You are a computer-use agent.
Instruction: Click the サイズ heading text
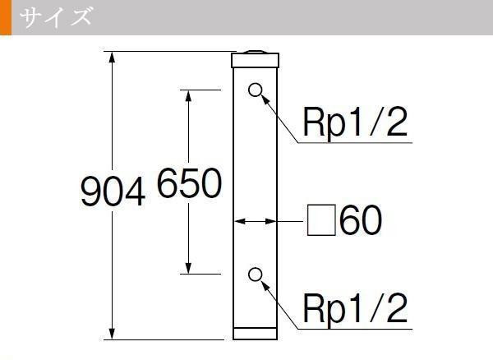pos(56,17)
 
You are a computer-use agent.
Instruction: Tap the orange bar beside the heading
pos(6,17)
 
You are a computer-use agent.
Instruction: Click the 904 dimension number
pos(113,191)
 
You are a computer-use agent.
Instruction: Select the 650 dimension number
pos(189,182)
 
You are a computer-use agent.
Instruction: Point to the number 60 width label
pos(361,219)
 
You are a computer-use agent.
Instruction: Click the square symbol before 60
pos(321,219)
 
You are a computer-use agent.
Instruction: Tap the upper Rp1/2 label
pos(355,122)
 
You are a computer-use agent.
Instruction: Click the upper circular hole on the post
pos(255,90)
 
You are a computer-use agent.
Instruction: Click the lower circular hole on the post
pos(255,275)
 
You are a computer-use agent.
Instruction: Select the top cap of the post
pos(255,60)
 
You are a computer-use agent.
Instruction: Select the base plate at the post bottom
pos(255,334)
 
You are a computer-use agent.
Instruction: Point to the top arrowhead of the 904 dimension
pos(112,58)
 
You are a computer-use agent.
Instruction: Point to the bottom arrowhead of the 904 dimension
pos(112,333)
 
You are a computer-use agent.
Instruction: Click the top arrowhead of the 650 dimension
pos(188,96)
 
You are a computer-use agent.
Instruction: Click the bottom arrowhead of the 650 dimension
pos(188,268)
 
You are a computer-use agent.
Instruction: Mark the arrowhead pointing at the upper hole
pos(265,100)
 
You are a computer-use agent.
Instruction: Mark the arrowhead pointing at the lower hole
pos(265,285)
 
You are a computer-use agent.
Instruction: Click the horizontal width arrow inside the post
pos(255,221)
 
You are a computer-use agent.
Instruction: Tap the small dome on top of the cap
pos(256,52)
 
